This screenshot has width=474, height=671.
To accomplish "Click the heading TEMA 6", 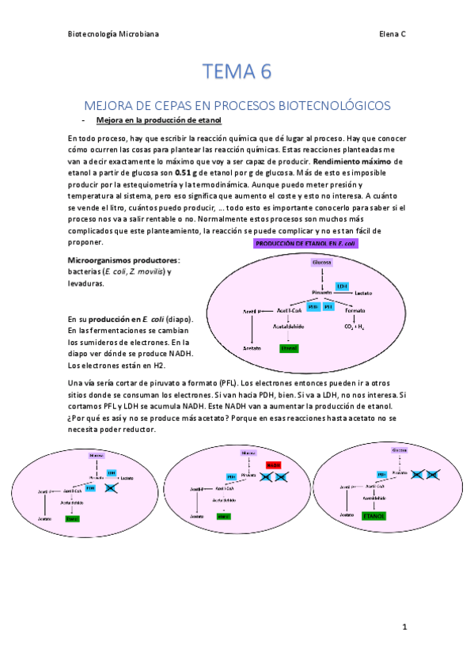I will [x=237, y=72].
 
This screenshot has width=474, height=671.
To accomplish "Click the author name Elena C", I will [x=391, y=35].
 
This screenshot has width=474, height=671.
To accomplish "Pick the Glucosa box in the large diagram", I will [x=320, y=262].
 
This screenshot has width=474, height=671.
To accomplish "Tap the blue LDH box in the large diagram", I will [x=342, y=286].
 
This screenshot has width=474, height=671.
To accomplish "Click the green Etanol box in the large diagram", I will [x=290, y=347].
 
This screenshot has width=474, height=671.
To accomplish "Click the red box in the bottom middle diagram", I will [x=275, y=465].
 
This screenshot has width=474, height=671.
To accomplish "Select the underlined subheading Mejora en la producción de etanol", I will [x=158, y=120].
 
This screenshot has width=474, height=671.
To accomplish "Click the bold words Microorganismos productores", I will [x=123, y=260].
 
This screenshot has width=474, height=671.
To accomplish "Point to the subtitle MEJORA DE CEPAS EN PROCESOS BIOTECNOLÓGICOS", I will [x=237, y=105].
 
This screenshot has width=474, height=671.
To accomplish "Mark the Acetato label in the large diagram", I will [x=252, y=347].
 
